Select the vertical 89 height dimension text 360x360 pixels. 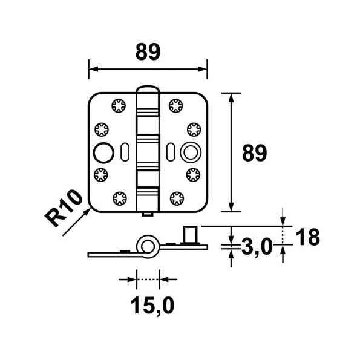(x=254, y=154)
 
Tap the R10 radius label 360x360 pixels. (x=65, y=208)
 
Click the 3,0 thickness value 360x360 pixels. (x=257, y=247)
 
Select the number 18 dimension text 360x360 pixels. (x=308, y=237)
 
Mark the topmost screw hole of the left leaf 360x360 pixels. (x=119, y=105)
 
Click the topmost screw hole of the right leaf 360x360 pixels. (x=177, y=105)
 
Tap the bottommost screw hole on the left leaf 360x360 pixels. (x=119, y=197)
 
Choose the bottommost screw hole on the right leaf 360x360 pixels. (x=177, y=197)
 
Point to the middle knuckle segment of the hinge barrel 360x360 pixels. (x=148, y=151)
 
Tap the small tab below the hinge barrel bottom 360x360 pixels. (x=148, y=214)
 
